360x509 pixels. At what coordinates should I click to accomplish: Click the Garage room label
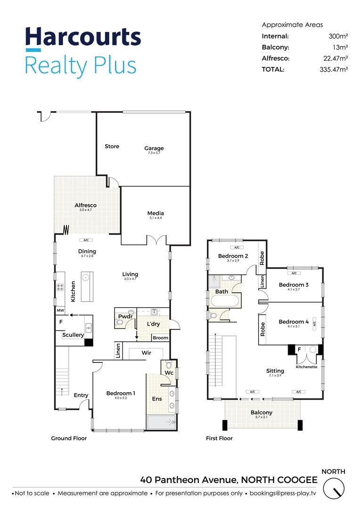point(154,148)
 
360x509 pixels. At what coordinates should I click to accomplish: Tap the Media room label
point(155,213)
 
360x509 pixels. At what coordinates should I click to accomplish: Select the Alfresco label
point(85,205)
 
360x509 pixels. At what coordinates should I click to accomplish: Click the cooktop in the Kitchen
point(60,287)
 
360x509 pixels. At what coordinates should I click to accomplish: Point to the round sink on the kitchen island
point(85,278)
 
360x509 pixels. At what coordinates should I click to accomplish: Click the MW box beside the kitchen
point(60,310)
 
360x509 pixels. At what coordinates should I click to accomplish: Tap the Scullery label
point(73,335)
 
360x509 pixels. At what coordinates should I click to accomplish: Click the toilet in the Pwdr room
point(120,322)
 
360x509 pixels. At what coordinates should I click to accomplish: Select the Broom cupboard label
point(160,338)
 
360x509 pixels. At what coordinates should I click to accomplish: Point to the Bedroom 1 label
point(121,393)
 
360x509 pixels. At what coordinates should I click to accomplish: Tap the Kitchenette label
point(306,367)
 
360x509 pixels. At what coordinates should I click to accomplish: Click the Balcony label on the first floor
point(262,412)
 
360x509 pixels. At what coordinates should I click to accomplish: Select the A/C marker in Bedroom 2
point(237,247)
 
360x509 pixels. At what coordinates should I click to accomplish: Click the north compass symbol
point(334,489)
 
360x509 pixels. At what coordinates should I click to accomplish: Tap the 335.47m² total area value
point(334,69)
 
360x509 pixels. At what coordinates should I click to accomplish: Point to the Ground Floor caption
point(69,438)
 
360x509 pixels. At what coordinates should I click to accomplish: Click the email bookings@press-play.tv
point(283,493)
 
